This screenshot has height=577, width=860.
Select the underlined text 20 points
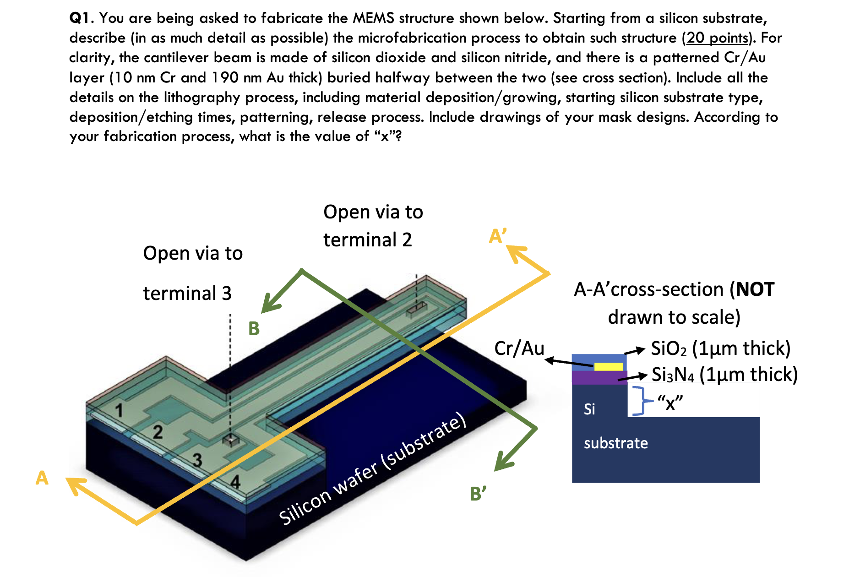[x=717, y=38]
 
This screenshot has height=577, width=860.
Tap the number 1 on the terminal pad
[x=119, y=410]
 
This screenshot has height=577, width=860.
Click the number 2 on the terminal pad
[x=158, y=432]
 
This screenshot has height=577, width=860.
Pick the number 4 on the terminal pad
[x=235, y=481]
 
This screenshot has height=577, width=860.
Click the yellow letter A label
[x=42, y=478]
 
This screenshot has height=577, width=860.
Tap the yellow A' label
[x=497, y=236]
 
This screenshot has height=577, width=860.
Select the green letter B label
[x=254, y=329]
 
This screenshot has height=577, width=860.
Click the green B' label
[x=478, y=494]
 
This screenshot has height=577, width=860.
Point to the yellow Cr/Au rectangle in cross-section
[x=608, y=366]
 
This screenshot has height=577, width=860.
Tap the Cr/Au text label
[x=519, y=348]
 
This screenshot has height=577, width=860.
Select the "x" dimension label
[x=670, y=403]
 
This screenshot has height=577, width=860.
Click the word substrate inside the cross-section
[x=615, y=443]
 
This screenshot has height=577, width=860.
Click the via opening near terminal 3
[x=231, y=440]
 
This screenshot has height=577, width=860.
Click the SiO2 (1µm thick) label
[x=720, y=348]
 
